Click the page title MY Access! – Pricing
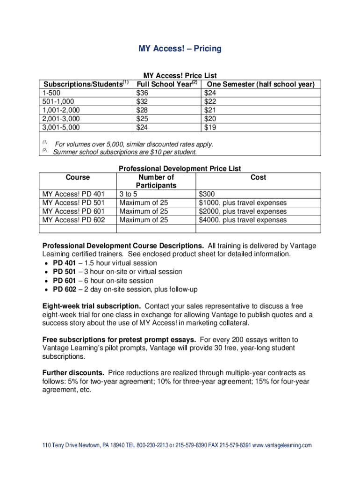(180, 49)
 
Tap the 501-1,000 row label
(58, 102)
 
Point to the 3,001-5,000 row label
(61, 127)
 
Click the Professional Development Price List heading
(180, 168)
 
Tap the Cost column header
(258, 177)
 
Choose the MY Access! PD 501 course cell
(73, 203)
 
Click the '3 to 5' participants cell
(128, 194)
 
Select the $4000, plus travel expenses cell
(243, 220)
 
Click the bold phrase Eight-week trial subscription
(92, 306)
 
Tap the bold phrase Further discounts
(73, 373)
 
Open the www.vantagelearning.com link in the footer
(282, 445)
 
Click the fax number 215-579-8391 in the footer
(235, 445)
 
